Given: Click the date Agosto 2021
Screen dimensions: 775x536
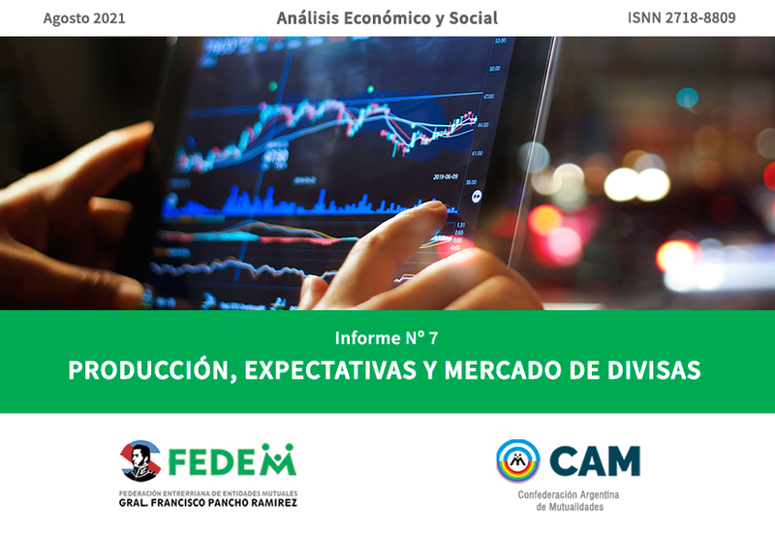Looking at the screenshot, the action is tap(84, 18).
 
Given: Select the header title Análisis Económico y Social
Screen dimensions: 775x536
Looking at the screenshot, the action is tap(387, 17).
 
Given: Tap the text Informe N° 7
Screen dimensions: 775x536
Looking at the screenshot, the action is tap(387, 337).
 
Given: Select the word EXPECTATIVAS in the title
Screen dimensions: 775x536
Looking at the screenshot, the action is tap(330, 370).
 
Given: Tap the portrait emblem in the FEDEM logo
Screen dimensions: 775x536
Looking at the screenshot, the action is tap(140, 460).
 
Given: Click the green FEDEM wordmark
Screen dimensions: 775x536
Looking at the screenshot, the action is tap(232, 459).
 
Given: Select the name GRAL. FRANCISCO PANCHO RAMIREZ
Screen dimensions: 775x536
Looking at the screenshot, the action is tap(208, 503).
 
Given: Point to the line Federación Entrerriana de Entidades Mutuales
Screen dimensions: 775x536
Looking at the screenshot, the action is tap(208, 493).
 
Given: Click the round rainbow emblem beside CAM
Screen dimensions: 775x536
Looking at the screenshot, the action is tap(518, 460).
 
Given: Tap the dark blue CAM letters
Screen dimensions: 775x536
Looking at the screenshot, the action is tap(595, 460).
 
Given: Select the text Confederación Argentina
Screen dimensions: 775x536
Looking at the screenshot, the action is tap(569, 495).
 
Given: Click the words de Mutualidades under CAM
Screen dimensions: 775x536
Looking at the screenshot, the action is tap(570, 507).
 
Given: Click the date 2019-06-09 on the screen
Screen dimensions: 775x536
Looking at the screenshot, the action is tap(446, 176).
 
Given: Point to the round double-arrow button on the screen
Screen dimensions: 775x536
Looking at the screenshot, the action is tap(477, 197).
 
